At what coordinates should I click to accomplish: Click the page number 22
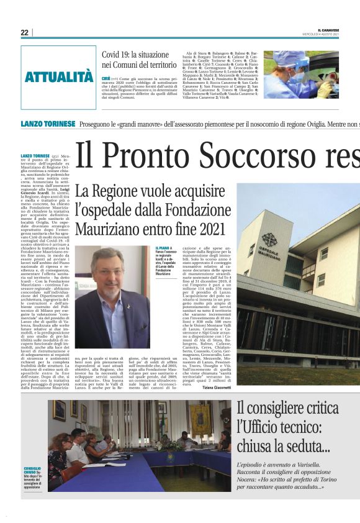24,32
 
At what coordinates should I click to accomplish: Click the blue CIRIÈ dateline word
106,79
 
